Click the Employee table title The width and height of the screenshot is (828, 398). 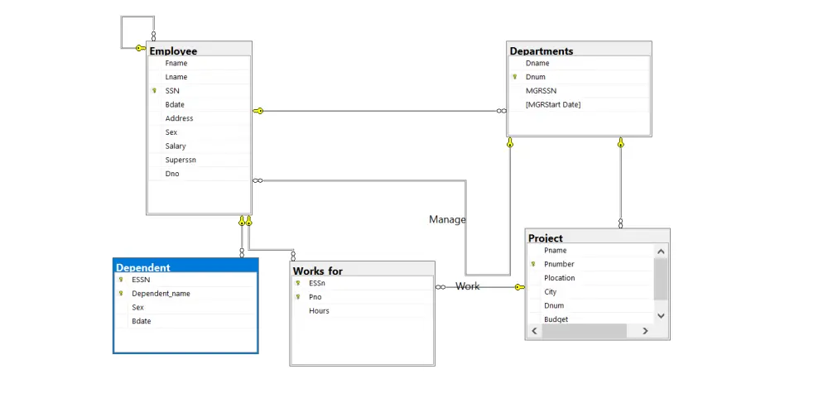(173, 51)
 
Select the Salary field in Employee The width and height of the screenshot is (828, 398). (176, 146)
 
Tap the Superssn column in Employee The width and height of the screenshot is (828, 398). (181, 160)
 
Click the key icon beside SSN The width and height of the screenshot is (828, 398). (154, 91)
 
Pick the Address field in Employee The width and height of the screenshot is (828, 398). (179, 118)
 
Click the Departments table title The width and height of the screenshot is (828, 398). (542, 51)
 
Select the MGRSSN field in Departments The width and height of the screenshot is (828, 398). (541, 91)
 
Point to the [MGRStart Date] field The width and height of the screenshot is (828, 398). (553, 104)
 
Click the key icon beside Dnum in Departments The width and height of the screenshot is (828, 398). (514, 77)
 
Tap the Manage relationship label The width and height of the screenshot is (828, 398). (447, 219)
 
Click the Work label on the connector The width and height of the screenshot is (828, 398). (467, 286)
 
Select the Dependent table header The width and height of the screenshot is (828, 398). (143, 267)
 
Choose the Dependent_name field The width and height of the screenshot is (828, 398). (161, 294)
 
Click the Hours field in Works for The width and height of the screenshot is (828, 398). (319, 311)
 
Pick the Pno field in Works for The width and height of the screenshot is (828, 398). (315, 296)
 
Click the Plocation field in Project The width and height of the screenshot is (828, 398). (559, 278)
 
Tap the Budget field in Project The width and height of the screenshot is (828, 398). (556, 319)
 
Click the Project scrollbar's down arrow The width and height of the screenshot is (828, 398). (661, 315)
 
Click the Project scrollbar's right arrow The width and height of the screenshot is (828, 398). (645, 331)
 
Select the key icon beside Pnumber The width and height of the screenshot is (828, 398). (533, 264)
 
